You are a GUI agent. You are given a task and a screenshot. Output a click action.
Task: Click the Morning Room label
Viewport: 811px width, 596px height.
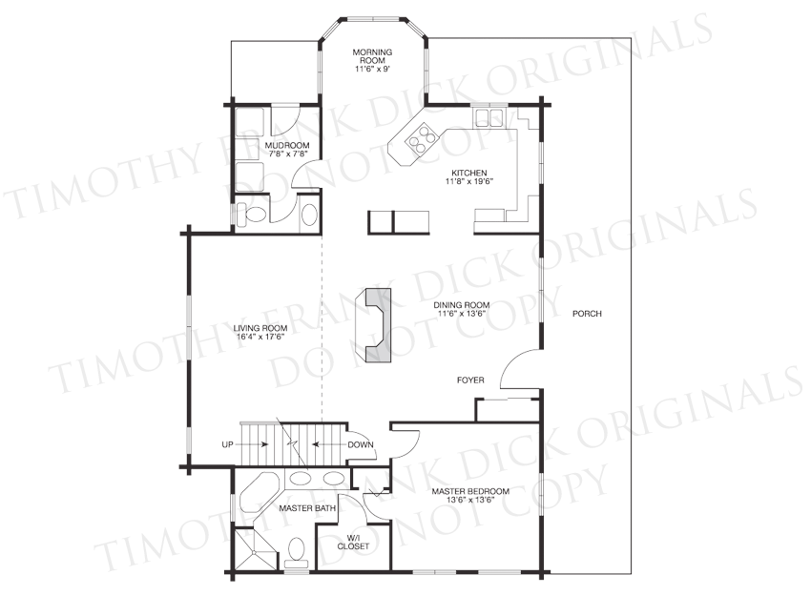coord(372,56)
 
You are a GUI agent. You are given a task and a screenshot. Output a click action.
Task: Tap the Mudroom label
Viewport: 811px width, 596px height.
coord(287,145)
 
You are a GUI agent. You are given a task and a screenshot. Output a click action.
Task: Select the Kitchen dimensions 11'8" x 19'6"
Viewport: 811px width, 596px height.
coord(469,181)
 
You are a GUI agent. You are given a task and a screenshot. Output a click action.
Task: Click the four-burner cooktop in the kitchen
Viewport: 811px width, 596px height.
coord(420,137)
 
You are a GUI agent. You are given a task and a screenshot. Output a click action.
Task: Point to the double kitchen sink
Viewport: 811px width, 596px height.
coord(489,117)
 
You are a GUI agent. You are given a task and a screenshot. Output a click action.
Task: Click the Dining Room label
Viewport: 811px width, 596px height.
coord(462,305)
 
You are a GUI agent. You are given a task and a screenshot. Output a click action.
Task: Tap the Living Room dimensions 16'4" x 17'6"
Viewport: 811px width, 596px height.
coord(260,337)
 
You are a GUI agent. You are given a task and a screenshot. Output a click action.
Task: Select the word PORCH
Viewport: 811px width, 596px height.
coord(587,313)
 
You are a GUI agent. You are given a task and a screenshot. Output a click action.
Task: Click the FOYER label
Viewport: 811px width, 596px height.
coord(470,380)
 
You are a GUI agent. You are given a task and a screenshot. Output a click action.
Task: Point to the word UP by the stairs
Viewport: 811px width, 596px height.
coord(228,444)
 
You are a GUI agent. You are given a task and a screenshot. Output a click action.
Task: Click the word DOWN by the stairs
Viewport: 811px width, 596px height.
coord(361,444)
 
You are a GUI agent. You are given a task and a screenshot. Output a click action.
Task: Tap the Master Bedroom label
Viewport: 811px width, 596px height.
coord(470,491)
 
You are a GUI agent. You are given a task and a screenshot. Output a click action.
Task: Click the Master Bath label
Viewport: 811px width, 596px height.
coord(308,508)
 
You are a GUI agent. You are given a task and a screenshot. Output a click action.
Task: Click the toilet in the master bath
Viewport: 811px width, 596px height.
coord(297,551)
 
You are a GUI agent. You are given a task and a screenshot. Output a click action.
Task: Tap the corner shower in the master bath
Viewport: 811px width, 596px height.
coord(256,548)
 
